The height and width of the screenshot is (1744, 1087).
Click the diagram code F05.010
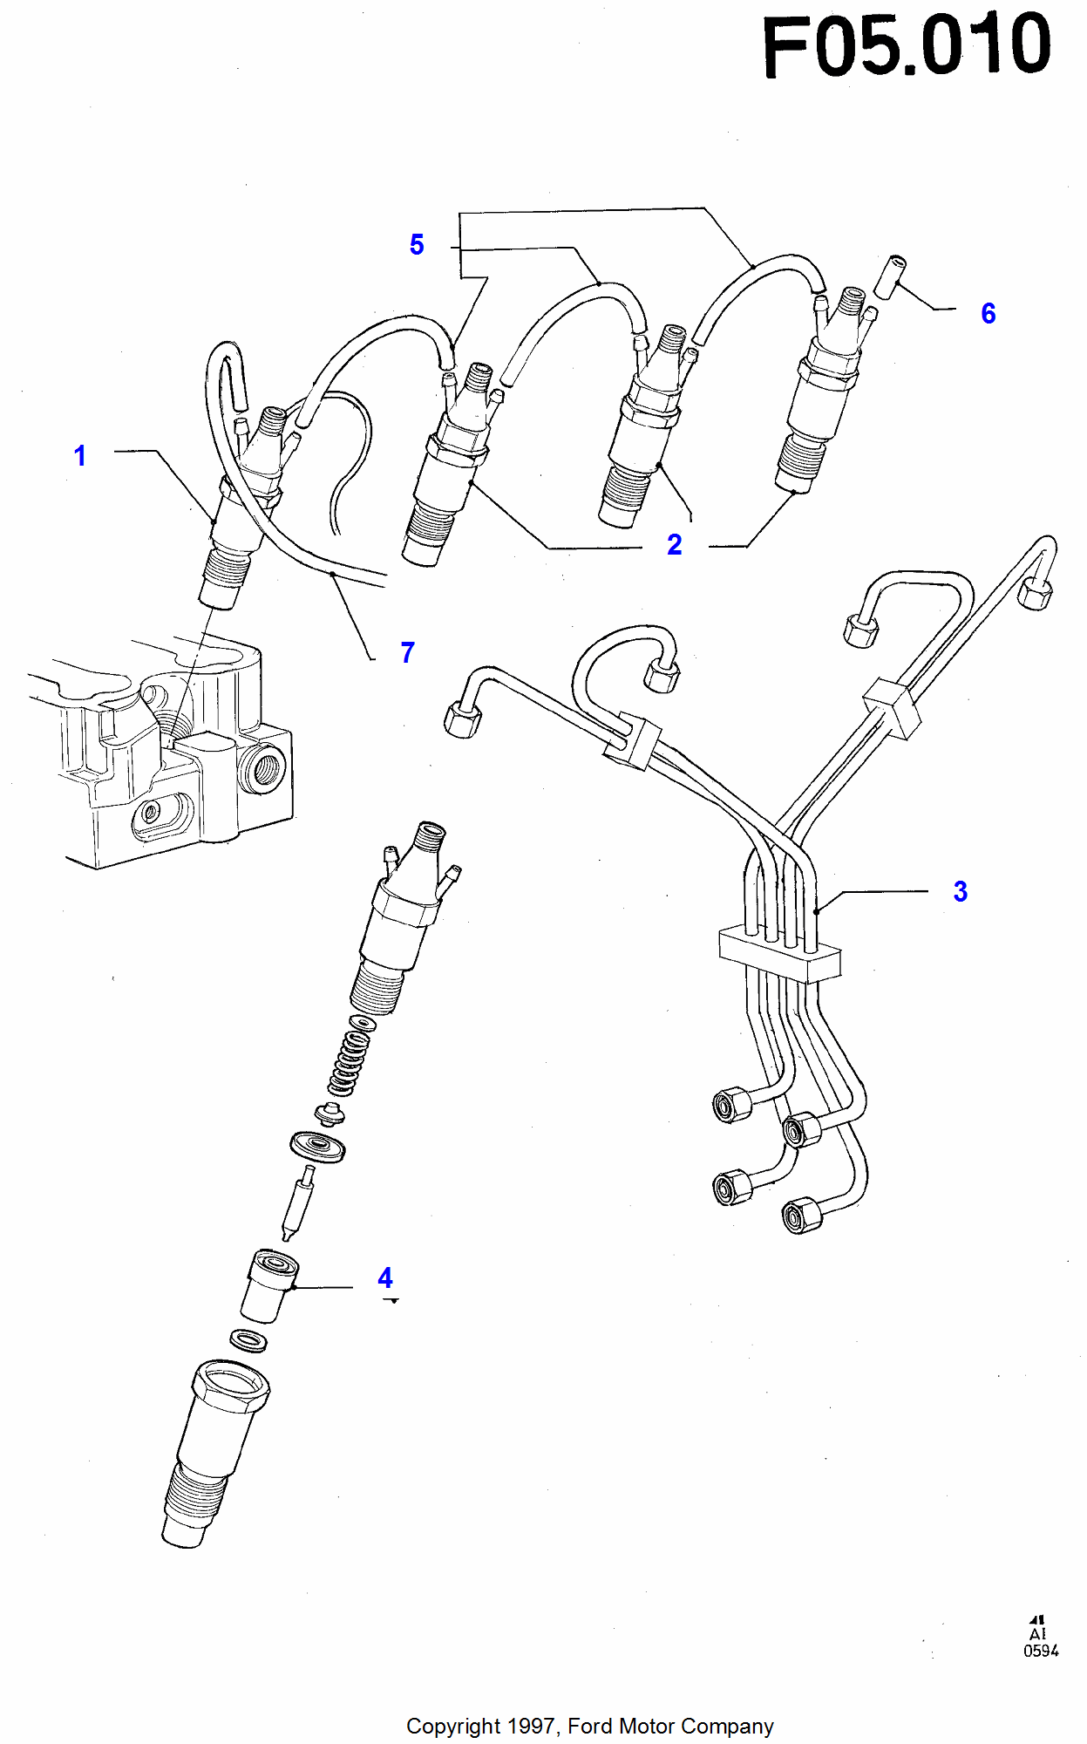(907, 45)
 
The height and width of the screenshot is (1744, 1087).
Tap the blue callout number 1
(80, 455)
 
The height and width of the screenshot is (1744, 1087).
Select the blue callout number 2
(674, 545)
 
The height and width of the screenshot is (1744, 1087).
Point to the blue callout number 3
(960, 891)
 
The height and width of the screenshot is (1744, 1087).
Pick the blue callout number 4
(385, 1278)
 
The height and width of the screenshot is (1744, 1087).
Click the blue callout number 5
(417, 245)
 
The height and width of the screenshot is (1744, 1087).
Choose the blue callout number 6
(988, 314)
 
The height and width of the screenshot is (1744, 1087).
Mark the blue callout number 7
(407, 652)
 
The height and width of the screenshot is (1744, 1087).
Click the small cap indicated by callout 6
(890, 276)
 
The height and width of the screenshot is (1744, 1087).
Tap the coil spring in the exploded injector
(349, 1062)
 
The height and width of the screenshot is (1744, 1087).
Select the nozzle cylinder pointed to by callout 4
(269, 1286)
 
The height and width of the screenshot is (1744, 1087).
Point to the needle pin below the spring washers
(297, 1203)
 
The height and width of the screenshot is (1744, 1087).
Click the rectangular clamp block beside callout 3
(779, 954)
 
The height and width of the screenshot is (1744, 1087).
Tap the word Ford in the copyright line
(590, 1727)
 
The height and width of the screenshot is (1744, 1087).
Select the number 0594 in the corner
(1041, 1651)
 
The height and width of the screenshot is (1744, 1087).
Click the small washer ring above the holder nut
(248, 1339)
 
